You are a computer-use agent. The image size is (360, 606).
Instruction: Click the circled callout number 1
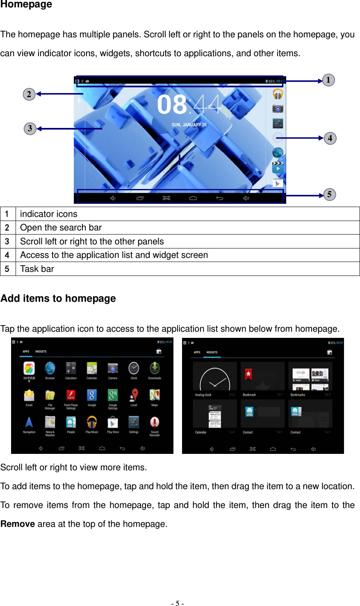[328, 80]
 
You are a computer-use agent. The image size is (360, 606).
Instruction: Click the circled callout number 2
[29, 94]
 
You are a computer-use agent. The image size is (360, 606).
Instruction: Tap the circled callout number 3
[30, 129]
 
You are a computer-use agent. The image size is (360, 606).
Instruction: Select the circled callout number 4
[330, 138]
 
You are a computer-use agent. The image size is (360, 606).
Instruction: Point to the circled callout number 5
[329, 194]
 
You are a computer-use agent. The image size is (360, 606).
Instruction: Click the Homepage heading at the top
[26, 5]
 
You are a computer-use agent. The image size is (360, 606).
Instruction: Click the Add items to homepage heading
[58, 298]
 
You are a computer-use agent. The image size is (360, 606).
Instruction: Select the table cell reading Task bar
[37, 269]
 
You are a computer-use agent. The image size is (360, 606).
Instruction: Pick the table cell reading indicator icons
[48, 214]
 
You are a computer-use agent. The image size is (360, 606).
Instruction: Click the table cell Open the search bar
[61, 228]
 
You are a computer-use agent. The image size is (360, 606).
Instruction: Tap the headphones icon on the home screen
[278, 94]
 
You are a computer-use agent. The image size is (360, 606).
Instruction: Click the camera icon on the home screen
[278, 109]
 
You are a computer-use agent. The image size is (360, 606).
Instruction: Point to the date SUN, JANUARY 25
[189, 125]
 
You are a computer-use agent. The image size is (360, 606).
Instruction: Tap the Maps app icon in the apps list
[155, 395]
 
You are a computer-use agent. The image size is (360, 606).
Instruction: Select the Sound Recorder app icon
[155, 423]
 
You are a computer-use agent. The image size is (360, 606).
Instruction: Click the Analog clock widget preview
[215, 377]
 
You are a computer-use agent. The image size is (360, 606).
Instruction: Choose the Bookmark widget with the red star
[262, 376]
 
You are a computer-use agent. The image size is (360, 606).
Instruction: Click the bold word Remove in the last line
[18, 524]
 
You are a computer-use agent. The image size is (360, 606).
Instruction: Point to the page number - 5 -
[178, 603]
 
